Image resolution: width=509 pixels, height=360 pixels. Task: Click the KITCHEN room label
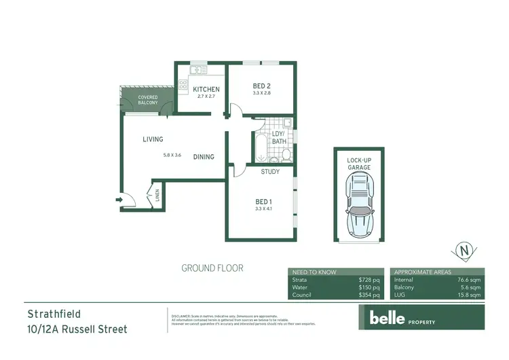pyautogui.click(x=206, y=90)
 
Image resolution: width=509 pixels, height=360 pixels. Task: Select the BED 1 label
pyautogui.click(x=263, y=201)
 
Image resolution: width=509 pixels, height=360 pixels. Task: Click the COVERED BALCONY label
pyautogui.click(x=148, y=100)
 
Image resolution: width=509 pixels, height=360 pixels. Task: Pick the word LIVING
pyautogui.click(x=153, y=139)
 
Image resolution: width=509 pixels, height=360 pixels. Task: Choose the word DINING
pyautogui.click(x=204, y=157)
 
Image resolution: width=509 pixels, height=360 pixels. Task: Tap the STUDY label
pyautogui.click(x=271, y=172)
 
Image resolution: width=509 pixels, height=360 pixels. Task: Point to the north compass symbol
pyautogui.click(x=464, y=251)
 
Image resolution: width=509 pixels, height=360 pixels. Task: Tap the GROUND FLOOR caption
pyautogui.click(x=212, y=268)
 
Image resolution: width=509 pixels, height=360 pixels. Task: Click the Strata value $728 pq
pyautogui.click(x=369, y=279)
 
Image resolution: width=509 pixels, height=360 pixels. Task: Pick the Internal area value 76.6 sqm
pyautogui.click(x=469, y=279)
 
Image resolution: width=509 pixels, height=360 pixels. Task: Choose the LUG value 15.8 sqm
pyautogui.click(x=469, y=295)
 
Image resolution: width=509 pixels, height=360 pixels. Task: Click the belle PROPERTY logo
pyautogui.click(x=401, y=318)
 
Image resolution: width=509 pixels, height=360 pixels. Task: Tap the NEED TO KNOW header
pyautogui.click(x=314, y=271)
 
